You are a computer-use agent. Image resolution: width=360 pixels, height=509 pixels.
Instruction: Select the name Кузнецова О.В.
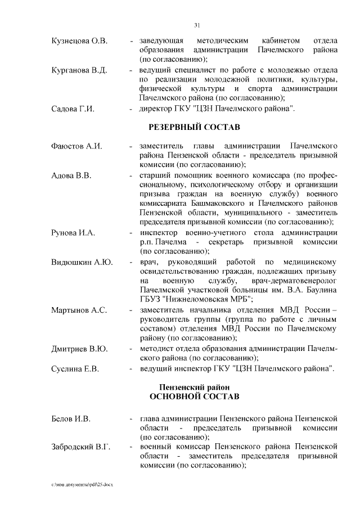(x=79, y=41)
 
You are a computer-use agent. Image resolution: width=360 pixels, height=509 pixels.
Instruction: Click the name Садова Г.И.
(x=73, y=108)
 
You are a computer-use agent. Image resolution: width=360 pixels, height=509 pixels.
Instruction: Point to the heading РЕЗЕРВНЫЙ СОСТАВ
(x=193, y=127)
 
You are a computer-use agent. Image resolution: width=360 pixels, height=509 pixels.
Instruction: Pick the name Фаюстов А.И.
(x=76, y=146)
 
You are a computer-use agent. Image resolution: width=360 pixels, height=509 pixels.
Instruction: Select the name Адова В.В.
(x=71, y=175)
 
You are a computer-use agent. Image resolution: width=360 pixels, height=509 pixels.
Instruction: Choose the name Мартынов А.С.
(x=79, y=310)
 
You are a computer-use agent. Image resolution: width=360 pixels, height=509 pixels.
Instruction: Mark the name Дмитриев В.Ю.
(x=79, y=349)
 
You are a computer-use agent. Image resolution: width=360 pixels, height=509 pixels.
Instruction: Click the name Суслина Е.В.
(x=75, y=368)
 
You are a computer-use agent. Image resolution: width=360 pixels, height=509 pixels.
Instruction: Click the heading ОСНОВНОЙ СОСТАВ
(x=194, y=397)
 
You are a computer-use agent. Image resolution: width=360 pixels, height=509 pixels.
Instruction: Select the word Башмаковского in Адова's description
(x=214, y=203)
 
